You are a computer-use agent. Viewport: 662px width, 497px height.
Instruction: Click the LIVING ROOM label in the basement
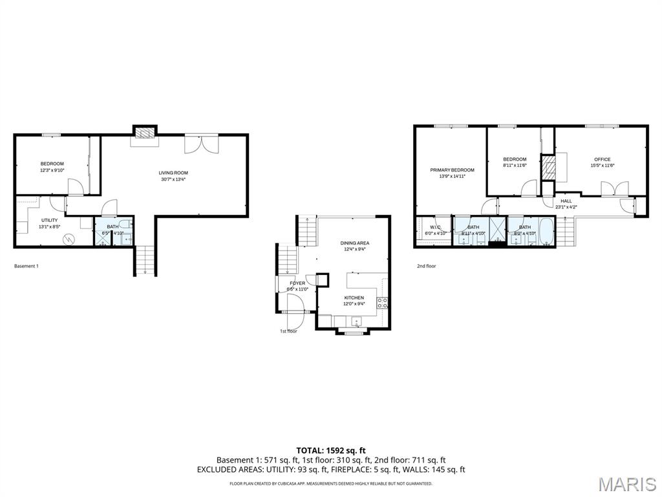(x=173, y=173)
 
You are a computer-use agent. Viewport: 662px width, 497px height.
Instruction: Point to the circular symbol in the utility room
(x=69, y=239)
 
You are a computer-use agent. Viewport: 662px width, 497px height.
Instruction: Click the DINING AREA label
(x=354, y=243)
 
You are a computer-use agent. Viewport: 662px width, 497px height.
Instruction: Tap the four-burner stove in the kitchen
(x=382, y=302)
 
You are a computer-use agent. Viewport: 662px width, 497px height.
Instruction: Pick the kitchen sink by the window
(x=355, y=321)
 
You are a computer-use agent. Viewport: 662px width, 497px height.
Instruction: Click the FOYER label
(x=297, y=283)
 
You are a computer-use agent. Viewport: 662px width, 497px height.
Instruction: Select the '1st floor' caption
(x=288, y=331)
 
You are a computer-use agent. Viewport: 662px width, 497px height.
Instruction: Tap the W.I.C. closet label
(x=435, y=227)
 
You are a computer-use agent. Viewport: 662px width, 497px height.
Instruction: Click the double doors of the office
(x=614, y=188)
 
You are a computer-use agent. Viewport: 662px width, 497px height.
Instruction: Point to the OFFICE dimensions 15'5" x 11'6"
(x=602, y=166)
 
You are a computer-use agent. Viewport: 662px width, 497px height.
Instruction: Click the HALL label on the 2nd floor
(x=566, y=201)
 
